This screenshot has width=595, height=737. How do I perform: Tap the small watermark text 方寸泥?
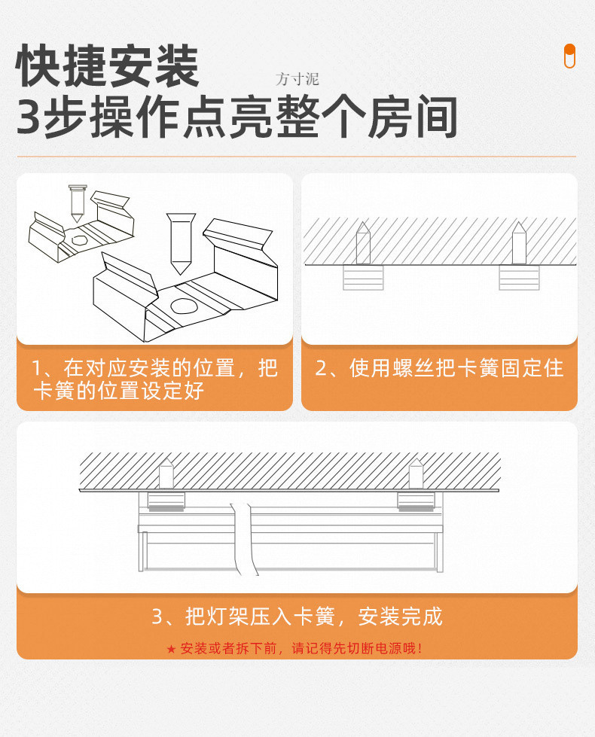[x=297, y=79]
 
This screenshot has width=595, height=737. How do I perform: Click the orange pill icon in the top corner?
[x=569, y=56]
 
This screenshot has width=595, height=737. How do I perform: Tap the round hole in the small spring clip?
[x=78, y=240]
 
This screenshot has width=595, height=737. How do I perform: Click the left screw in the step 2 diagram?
[x=363, y=242]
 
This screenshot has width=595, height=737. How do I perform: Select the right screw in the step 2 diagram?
[x=519, y=242]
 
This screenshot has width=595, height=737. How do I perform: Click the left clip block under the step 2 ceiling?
[x=363, y=277]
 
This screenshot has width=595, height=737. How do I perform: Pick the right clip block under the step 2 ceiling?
[x=519, y=277]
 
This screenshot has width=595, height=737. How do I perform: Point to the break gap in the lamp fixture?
[x=243, y=538]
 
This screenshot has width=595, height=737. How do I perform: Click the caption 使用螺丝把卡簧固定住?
[x=439, y=368]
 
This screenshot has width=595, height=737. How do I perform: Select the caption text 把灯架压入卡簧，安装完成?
[x=297, y=617]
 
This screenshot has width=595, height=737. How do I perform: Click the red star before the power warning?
[x=171, y=649]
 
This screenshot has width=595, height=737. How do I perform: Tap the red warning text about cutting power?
[x=302, y=648]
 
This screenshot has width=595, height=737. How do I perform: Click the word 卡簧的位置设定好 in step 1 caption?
[x=118, y=391]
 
